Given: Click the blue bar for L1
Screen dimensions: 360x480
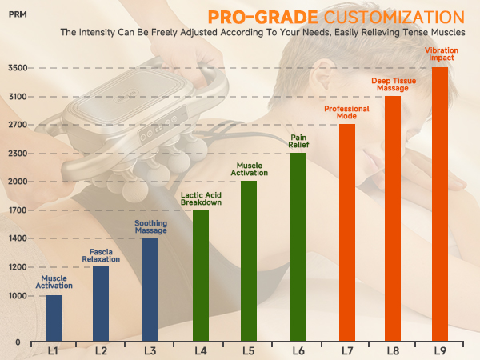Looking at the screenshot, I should [x=54, y=318].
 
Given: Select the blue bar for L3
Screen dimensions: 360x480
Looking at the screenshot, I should [x=150, y=290].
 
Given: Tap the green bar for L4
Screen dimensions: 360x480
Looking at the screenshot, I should [x=201, y=275].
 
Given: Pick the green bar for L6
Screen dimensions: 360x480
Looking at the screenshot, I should [x=298, y=247].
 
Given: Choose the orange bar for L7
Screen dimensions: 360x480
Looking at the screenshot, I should [x=346, y=233].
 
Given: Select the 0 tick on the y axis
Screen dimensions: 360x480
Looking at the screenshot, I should [x=18, y=342].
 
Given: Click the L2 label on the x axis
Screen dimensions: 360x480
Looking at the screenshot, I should [x=102, y=350].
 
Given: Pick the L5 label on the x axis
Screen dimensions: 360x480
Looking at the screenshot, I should [x=249, y=350].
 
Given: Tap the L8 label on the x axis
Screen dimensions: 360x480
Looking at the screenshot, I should [x=392, y=350].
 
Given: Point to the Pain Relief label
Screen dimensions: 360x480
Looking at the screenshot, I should [x=298, y=142].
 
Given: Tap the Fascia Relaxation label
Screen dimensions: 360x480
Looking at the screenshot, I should [x=101, y=256].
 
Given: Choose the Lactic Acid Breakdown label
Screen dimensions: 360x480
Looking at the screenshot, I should [x=201, y=199].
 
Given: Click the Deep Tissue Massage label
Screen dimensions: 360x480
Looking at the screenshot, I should [x=392, y=84].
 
